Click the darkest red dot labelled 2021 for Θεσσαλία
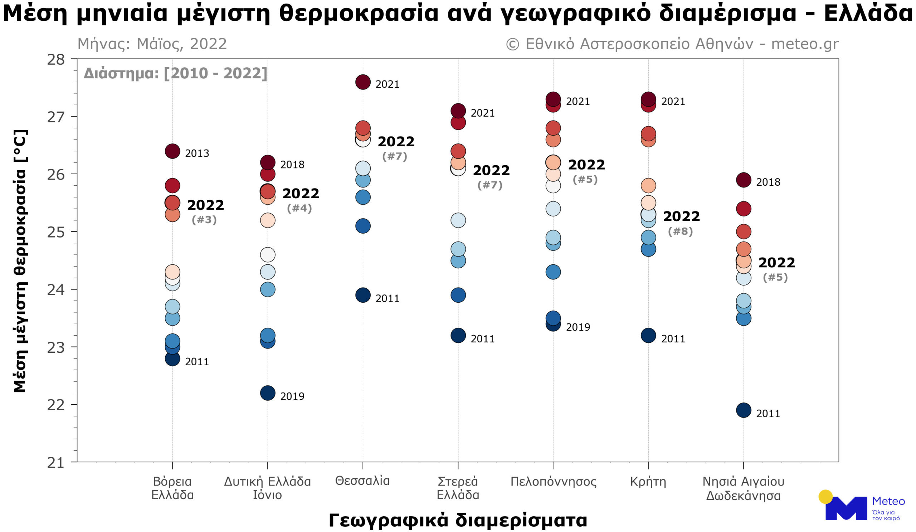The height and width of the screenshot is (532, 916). (363, 82)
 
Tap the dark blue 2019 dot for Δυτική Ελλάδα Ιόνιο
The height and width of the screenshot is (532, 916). (268, 393)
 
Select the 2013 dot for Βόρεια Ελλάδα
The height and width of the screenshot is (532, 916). (172, 151)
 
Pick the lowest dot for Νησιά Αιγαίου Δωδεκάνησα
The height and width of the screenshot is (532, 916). (743, 410)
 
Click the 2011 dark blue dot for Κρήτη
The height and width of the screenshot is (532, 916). (648, 336)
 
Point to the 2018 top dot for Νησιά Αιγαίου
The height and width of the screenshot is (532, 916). (743, 180)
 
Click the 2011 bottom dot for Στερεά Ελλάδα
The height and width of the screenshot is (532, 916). (458, 336)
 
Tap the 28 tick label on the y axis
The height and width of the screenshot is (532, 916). (55, 60)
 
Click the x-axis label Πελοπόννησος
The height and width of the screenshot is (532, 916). (553, 482)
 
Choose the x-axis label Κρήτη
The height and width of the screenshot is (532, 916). (648, 482)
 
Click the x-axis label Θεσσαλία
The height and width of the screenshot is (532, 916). (362, 481)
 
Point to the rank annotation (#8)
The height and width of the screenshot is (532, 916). (680, 231)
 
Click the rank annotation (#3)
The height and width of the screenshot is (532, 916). (204, 220)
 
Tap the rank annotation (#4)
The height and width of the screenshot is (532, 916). (299, 208)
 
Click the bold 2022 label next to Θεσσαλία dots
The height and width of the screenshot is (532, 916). (396, 142)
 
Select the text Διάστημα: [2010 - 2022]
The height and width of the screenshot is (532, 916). (175, 73)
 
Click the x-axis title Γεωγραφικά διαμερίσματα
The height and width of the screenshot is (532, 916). (458, 520)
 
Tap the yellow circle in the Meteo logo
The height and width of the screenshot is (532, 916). (825, 497)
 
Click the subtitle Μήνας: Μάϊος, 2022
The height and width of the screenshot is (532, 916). (152, 44)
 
